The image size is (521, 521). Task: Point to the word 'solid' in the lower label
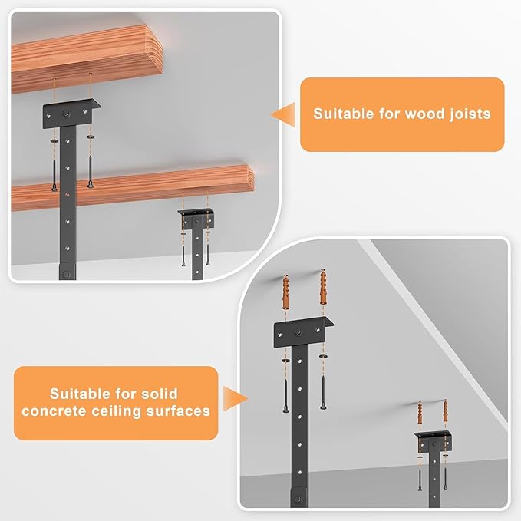(x=159, y=394)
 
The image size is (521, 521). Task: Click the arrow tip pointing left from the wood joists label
(x=271, y=115)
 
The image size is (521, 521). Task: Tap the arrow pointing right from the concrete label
(x=236, y=398)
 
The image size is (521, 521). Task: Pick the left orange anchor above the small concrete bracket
(x=420, y=414)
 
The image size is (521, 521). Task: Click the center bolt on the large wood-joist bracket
(x=66, y=114)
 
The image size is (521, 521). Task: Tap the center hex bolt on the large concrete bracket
(x=298, y=332)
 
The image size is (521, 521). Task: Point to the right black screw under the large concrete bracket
(x=323, y=392)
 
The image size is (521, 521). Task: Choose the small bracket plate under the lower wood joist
(x=196, y=218)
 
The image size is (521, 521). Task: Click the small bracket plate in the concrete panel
(x=434, y=440)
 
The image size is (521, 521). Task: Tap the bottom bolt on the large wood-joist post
(x=67, y=275)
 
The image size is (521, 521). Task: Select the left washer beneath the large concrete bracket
(x=285, y=361)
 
